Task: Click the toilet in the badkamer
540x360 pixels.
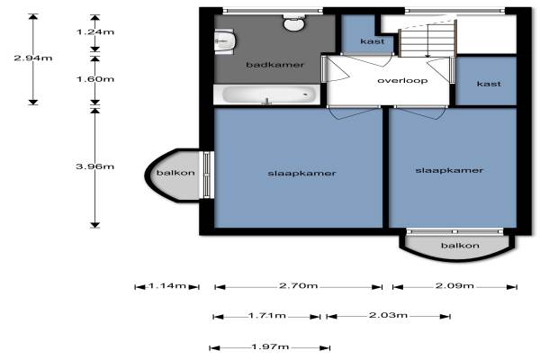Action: [x=294, y=22]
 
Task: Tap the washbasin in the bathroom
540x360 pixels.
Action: [x=224, y=41]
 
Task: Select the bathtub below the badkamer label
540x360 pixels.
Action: [x=267, y=94]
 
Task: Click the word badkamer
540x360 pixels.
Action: [x=275, y=65]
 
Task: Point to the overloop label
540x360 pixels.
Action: [x=402, y=81]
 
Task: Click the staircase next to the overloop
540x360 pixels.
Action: [x=427, y=39]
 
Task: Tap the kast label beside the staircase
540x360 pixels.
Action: [x=373, y=41]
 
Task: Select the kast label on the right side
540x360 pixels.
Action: [x=489, y=84]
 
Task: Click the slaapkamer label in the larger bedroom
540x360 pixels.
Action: [x=301, y=174]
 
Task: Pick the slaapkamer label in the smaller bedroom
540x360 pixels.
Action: [x=449, y=170]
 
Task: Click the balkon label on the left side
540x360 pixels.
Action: [x=175, y=173]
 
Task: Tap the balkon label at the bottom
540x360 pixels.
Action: [x=460, y=246]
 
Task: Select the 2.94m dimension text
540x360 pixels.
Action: [x=33, y=58]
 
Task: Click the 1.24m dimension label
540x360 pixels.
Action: [x=95, y=32]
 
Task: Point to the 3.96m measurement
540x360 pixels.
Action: [x=94, y=166]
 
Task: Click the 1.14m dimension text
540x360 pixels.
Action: [x=167, y=286]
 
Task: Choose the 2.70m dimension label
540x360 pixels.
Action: [x=298, y=286]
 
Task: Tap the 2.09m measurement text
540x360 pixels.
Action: [x=454, y=285]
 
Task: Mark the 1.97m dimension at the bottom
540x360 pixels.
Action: [x=270, y=346]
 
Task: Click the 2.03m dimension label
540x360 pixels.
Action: [x=389, y=315]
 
